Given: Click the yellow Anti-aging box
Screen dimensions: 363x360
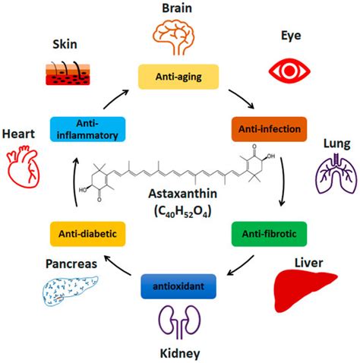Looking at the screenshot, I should (x=179, y=76).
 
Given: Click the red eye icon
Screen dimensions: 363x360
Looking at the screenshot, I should (x=290, y=70).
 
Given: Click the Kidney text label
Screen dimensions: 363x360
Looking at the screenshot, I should (x=179, y=353).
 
